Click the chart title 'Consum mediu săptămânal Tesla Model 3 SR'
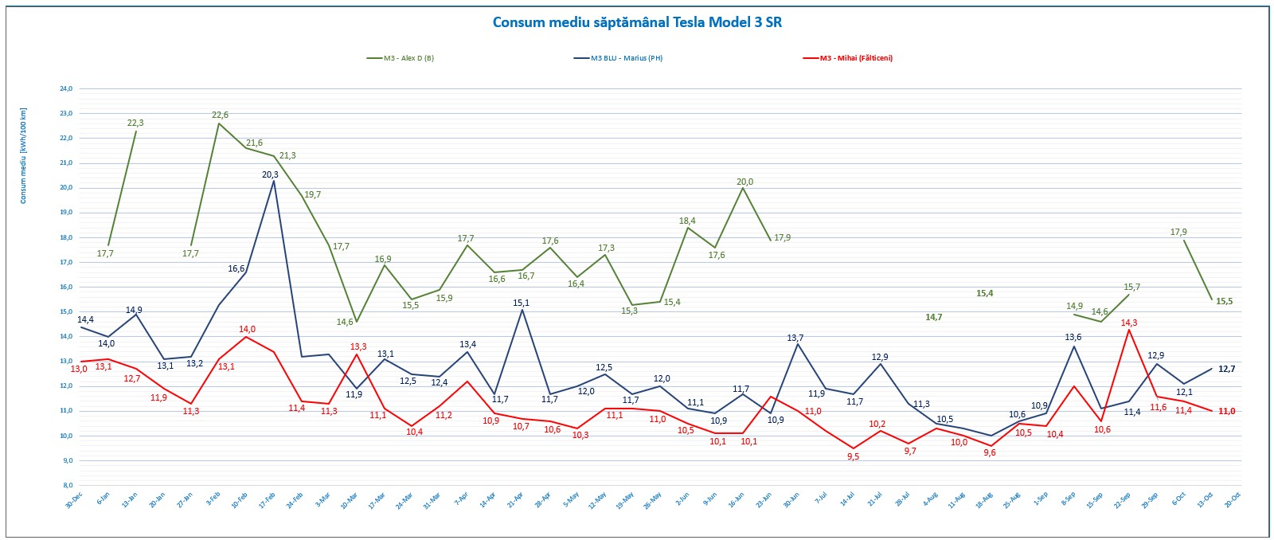click(637, 22)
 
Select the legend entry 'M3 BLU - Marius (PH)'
click(627, 58)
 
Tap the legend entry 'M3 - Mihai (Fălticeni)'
click(856, 58)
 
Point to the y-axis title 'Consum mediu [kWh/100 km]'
click(23, 156)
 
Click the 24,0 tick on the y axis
click(66, 89)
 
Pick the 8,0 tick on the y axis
click(67, 485)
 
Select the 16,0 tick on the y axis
click(66, 287)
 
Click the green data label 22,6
click(221, 115)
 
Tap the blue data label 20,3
click(271, 174)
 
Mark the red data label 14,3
click(1129, 323)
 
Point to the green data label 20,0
click(744, 182)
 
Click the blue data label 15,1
click(522, 303)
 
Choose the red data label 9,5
click(853, 457)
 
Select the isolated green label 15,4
click(985, 294)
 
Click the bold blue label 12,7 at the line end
click(1227, 369)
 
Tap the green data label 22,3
click(135, 123)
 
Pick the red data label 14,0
click(247, 330)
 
